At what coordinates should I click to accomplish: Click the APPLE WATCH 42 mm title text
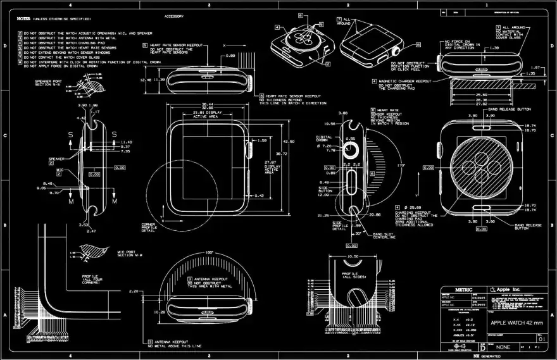click(x=516, y=323)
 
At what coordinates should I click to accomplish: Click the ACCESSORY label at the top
click(x=174, y=16)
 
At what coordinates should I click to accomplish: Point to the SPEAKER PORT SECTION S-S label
click(x=48, y=84)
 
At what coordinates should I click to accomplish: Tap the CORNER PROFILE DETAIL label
click(x=149, y=228)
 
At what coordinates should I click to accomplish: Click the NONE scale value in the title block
click(x=504, y=347)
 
